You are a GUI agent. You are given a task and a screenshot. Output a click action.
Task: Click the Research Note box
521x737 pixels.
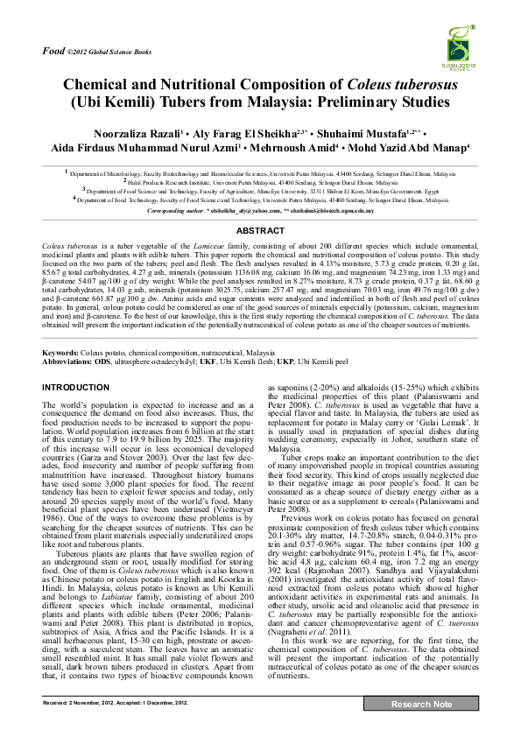click(x=422, y=728)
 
